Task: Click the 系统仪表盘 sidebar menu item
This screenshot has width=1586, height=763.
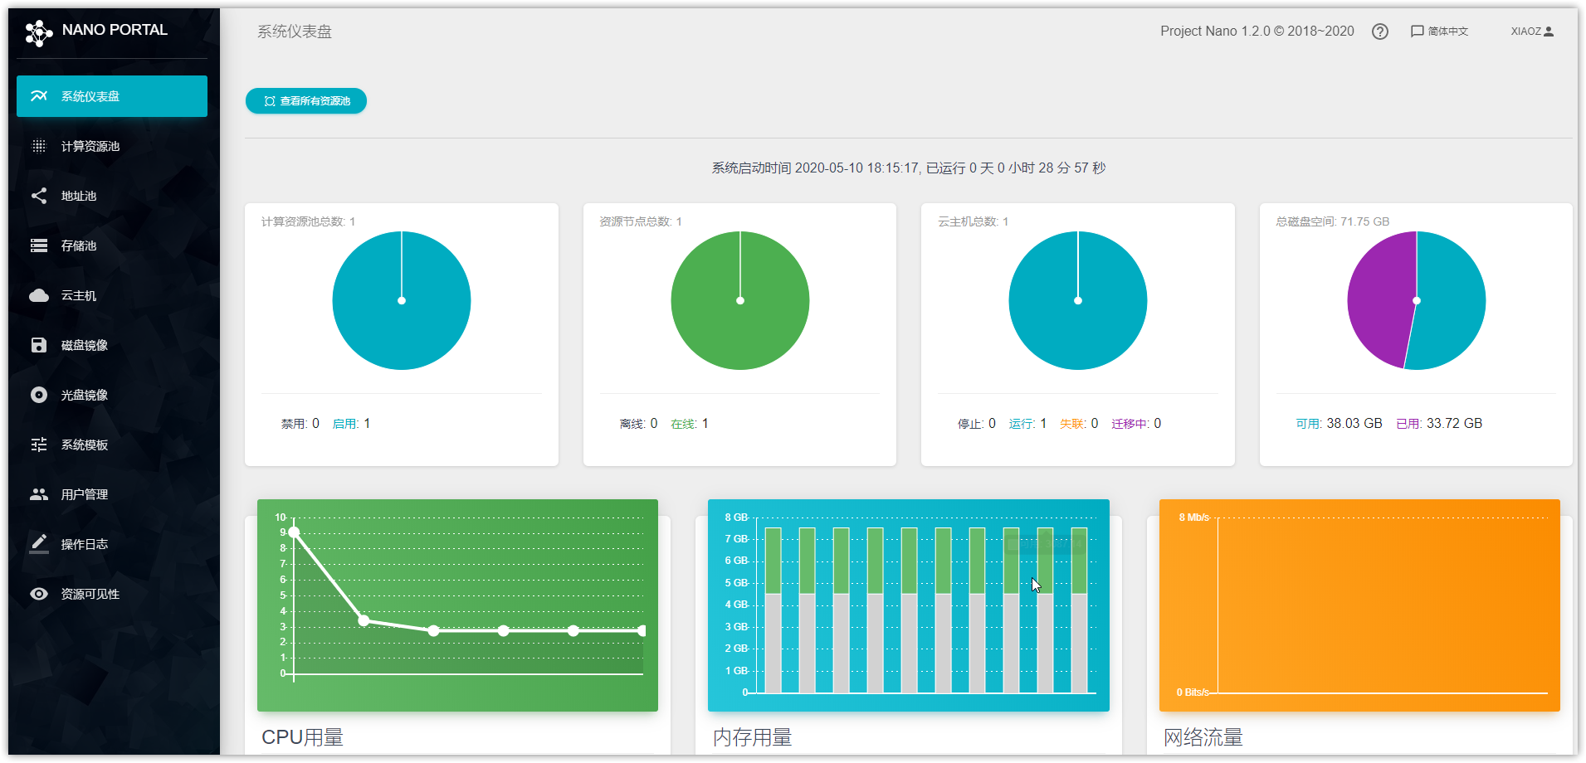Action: (x=111, y=96)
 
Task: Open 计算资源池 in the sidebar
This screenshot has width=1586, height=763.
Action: (x=90, y=146)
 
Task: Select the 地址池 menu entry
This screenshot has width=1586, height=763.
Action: (x=79, y=196)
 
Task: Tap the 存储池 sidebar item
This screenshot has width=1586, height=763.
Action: (x=79, y=245)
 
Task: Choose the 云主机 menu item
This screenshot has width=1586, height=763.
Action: (x=79, y=295)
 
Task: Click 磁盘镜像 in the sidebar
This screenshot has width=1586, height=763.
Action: (x=84, y=345)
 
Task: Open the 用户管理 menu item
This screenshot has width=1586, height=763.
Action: (x=84, y=494)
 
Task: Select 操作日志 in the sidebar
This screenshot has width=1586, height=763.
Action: (x=84, y=544)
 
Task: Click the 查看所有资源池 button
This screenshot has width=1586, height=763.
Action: (x=306, y=101)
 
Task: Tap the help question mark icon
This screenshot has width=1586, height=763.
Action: (x=1379, y=32)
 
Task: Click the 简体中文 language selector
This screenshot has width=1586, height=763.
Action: (x=1440, y=32)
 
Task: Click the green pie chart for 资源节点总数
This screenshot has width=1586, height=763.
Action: (x=739, y=300)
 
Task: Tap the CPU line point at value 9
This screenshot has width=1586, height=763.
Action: (x=294, y=532)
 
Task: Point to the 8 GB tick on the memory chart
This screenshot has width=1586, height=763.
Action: (x=736, y=518)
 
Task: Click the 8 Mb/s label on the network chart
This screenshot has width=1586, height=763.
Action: (x=1193, y=518)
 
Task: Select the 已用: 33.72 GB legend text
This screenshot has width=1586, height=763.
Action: (x=1439, y=424)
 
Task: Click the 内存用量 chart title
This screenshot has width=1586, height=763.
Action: (x=752, y=737)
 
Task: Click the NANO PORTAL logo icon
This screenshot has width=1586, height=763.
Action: (x=38, y=32)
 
